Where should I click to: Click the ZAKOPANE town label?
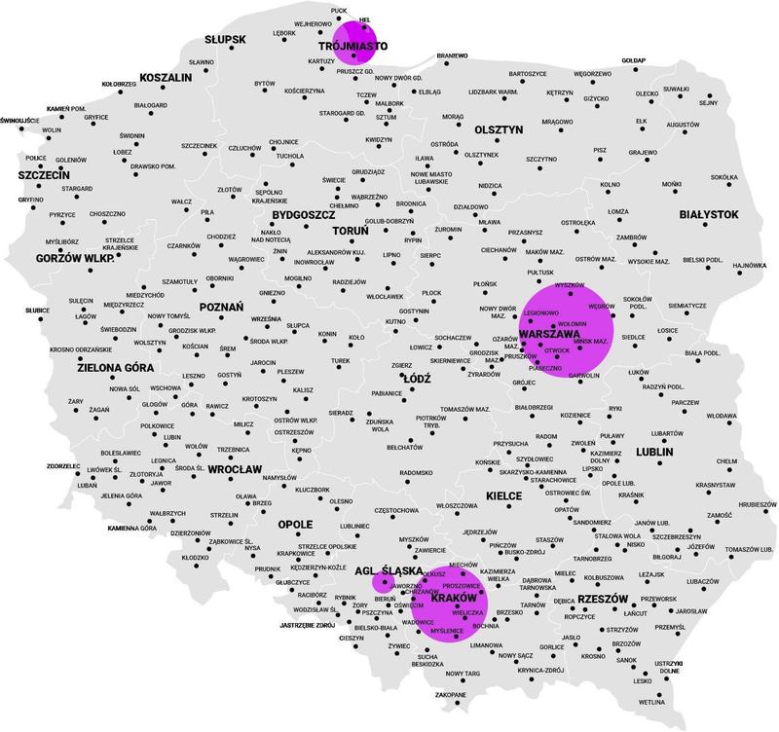450,694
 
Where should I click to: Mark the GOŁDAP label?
634,60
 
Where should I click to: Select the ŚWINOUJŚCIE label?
19,120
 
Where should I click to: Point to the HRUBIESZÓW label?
754,505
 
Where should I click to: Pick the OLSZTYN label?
500,128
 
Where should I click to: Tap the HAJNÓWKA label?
750,265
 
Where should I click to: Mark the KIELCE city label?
502,495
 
